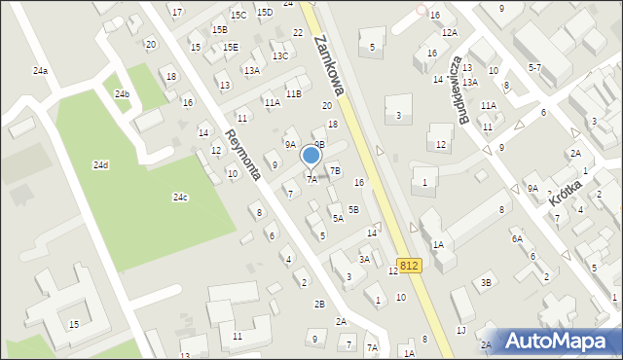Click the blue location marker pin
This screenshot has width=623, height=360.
[x=311, y=156]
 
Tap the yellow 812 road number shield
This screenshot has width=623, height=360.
[x=409, y=265]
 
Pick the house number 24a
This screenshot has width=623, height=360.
[x=40, y=71]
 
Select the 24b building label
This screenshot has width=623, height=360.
[x=122, y=94]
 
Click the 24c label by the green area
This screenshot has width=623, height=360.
[x=180, y=198]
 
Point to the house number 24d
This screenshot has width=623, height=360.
[x=100, y=165]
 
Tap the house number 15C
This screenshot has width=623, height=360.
[x=238, y=16]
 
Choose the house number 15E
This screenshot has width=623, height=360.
[x=231, y=47]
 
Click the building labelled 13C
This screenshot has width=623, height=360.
[x=280, y=56]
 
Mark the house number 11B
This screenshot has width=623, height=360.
[x=293, y=93]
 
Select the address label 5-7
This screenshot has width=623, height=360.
[x=534, y=68]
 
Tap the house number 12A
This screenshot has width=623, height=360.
[x=449, y=33]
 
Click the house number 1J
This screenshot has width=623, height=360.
[x=460, y=331]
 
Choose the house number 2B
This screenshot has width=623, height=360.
[x=319, y=304]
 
